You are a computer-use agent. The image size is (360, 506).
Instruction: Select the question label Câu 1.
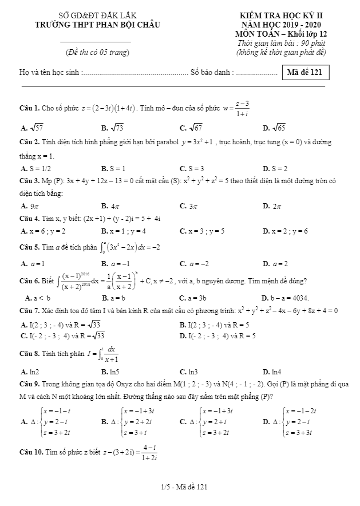click(x=29, y=108)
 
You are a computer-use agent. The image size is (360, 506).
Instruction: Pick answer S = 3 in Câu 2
click(x=192, y=169)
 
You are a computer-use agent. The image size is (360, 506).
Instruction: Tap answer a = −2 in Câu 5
click(x=192, y=264)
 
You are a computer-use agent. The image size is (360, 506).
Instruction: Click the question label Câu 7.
click(x=29, y=311)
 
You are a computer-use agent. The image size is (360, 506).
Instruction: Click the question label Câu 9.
click(x=29, y=385)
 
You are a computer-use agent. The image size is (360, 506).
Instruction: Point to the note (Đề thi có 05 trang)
click(x=96, y=53)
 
